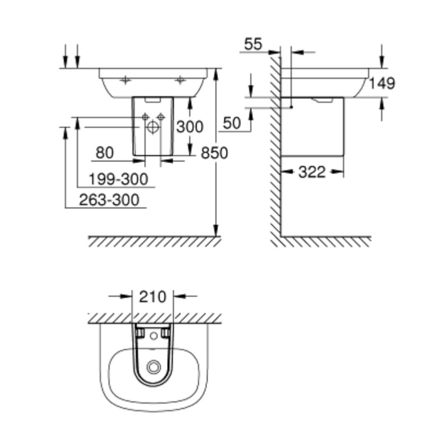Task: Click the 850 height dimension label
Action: [x=214, y=153]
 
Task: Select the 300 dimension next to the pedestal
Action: [x=189, y=127]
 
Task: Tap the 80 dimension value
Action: [x=105, y=153]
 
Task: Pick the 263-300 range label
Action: [x=109, y=200]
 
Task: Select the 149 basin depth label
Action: [x=382, y=83]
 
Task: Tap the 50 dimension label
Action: [x=232, y=123]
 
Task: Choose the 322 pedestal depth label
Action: [x=312, y=172]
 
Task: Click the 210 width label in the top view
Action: [x=153, y=296]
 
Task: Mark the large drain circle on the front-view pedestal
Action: [x=152, y=127]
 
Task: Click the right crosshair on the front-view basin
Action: [x=180, y=80]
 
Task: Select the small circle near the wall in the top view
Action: [x=153, y=334]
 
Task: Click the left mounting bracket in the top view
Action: [x=140, y=333]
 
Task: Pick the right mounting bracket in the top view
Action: [x=167, y=333]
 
